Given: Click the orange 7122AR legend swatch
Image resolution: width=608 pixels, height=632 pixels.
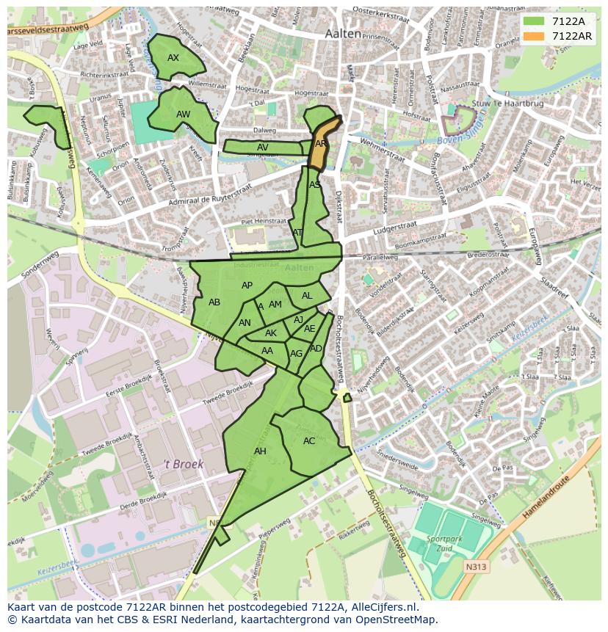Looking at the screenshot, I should click(x=534, y=36).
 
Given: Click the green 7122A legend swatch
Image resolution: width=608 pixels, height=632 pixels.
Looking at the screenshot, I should click(x=534, y=21).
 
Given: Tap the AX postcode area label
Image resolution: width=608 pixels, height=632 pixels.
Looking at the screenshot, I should click(x=173, y=58).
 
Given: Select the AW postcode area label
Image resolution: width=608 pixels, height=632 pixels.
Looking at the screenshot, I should click(x=183, y=115).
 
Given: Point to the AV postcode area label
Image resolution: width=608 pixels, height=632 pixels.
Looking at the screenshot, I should click(x=262, y=148).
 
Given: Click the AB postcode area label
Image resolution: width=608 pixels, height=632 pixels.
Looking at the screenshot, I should click(x=214, y=302).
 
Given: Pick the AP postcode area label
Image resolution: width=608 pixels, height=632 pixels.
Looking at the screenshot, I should click(x=247, y=286).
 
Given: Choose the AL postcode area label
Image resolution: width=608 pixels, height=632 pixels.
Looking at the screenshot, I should click(x=307, y=296).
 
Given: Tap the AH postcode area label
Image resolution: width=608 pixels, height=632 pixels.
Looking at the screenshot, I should click(x=260, y=451).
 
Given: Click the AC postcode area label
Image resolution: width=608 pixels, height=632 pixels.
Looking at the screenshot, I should click(x=309, y=441).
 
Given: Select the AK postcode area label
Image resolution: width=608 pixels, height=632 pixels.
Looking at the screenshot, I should click(x=271, y=333).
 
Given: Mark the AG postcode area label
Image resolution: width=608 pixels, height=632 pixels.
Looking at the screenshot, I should click(x=296, y=354).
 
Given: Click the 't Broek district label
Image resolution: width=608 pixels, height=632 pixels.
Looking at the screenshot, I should click(x=183, y=464).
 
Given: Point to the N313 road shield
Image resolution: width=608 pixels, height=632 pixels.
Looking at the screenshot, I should click(x=475, y=567).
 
